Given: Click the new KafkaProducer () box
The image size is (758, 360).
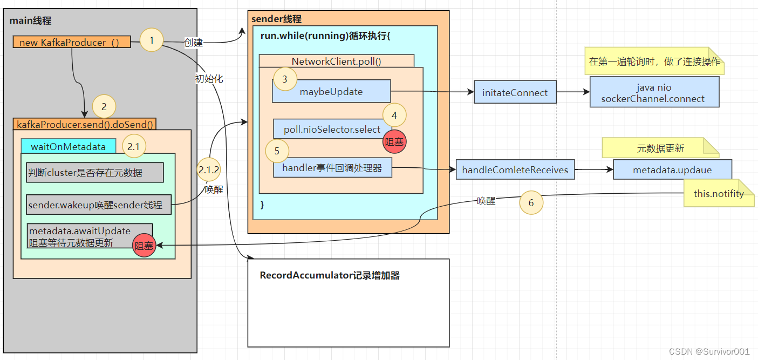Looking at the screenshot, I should click(x=71, y=42).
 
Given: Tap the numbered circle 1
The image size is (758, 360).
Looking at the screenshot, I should click(x=152, y=40).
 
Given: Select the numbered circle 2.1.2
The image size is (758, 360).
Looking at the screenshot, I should click(x=208, y=169).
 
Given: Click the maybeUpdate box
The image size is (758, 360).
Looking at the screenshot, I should click(x=331, y=92).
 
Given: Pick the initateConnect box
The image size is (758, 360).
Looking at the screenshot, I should click(x=515, y=92).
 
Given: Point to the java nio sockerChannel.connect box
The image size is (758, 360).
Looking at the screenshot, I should click(x=654, y=93).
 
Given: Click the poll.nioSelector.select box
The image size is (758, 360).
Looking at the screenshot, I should click(x=332, y=130).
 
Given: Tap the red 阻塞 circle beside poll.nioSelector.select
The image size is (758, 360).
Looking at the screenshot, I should click(x=394, y=141).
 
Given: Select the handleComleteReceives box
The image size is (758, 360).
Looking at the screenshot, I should click(x=515, y=170).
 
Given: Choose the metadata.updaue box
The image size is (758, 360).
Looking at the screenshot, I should click(x=672, y=170).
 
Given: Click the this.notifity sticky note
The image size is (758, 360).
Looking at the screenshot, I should click(x=719, y=193).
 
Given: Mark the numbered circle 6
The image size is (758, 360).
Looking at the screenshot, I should click(x=531, y=203).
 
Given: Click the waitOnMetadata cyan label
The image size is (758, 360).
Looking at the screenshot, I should click(x=68, y=146).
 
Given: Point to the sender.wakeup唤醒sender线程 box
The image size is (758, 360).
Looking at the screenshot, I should click(x=99, y=205).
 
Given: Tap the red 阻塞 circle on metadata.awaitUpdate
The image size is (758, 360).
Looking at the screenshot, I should click(x=144, y=246).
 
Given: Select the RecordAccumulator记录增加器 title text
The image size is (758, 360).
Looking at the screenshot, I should click(x=330, y=275).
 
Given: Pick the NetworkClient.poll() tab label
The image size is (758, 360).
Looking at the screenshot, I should click(x=336, y=61).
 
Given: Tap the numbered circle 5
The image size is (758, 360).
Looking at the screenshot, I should click(x=277, y=151).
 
